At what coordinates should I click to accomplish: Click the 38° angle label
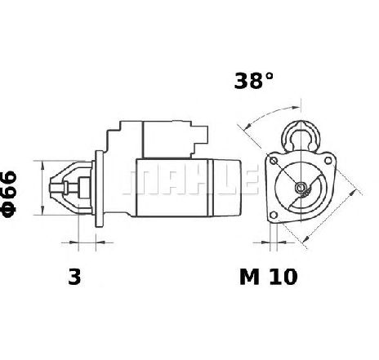(x=253, y=81)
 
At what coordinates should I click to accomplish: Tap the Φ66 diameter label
(x=9, y=194)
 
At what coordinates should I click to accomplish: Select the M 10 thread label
(x=269, y=277)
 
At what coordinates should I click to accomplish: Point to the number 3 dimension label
(x=74, y=277)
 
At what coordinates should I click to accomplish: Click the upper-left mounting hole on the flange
(x=273, y=161)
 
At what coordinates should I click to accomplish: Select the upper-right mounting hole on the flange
(x=328, y=161)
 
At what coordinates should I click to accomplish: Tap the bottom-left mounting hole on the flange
(x=274, y=215)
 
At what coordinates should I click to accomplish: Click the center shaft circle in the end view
(x=301, y=187)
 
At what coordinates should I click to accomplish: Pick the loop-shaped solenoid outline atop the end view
(x=301, y=136)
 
